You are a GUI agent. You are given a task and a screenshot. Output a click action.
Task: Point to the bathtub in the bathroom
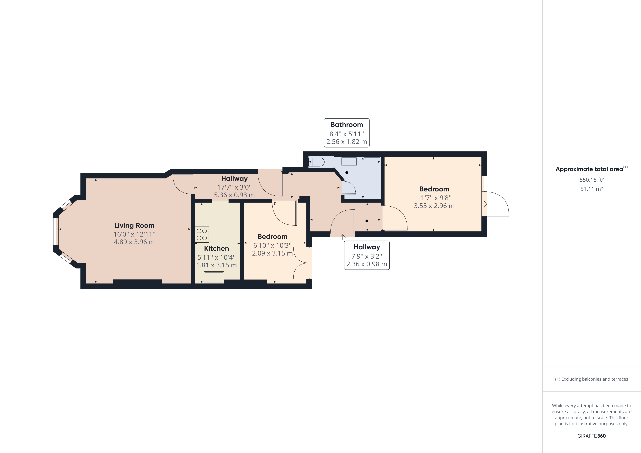coord(372,178)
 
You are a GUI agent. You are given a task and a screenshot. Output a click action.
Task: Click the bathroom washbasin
coord(349,162)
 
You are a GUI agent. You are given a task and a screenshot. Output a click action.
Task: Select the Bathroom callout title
coord(346,125)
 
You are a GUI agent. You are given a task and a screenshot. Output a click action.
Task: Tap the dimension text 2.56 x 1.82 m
coord(346,142)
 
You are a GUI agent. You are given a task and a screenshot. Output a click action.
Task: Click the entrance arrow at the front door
coord(342,237)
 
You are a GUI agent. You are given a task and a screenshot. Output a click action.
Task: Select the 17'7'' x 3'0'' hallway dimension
coord(234,187)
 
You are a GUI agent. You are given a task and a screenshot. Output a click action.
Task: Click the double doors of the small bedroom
coord(302,263)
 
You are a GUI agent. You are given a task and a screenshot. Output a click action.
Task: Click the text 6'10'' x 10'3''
coord(272,245)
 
